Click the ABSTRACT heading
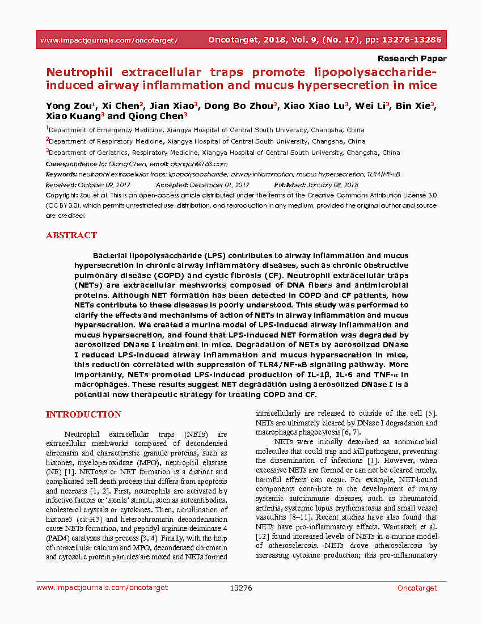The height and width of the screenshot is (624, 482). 71,235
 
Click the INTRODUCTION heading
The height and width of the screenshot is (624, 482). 83,415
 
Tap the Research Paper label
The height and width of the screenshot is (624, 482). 412,58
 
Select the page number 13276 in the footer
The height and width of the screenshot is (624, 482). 240,588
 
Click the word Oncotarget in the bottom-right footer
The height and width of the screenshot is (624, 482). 417,588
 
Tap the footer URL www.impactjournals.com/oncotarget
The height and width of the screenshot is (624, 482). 102,588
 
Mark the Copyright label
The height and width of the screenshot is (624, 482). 60,195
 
